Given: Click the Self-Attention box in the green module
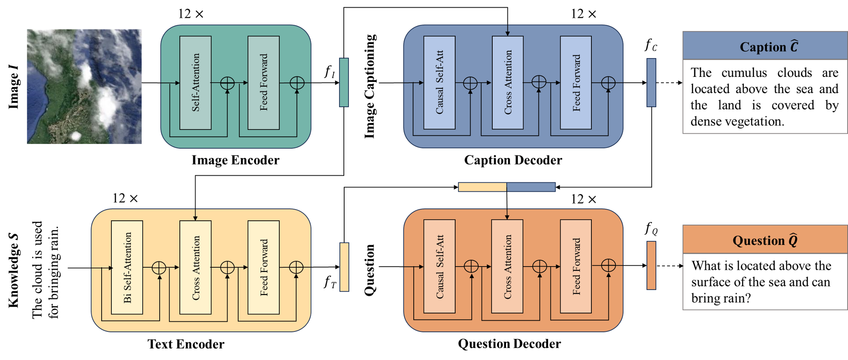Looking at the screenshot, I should click(195, 83).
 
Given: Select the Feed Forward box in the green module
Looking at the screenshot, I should click(263, 83).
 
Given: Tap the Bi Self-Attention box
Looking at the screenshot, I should click(127, 267).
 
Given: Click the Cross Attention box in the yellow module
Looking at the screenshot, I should click(195, 267).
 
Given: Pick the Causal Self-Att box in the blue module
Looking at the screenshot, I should click(439, 83).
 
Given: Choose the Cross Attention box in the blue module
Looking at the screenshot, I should click(507, 83).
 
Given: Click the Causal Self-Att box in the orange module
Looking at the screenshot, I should click(439, 266).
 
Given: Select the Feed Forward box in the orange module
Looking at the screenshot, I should click(576, 266).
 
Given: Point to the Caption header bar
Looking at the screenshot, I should click(765, 46).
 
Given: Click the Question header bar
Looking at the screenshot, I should click(765, 240).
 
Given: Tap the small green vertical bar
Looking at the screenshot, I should click(344, 82).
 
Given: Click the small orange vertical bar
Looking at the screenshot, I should click(651, 265).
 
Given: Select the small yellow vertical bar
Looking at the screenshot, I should click(344, 267).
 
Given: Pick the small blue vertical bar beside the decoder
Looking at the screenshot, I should click(651, 82).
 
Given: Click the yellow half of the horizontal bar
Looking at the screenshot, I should click(482, 187).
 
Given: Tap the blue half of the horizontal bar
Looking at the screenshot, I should click(531, 187).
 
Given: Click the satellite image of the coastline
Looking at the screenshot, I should click(84, 86).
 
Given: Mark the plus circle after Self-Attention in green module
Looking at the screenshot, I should click(227, 83).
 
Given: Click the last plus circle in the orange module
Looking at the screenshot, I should click(608, 265).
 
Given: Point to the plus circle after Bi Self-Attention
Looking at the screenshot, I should click(159, 268).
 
